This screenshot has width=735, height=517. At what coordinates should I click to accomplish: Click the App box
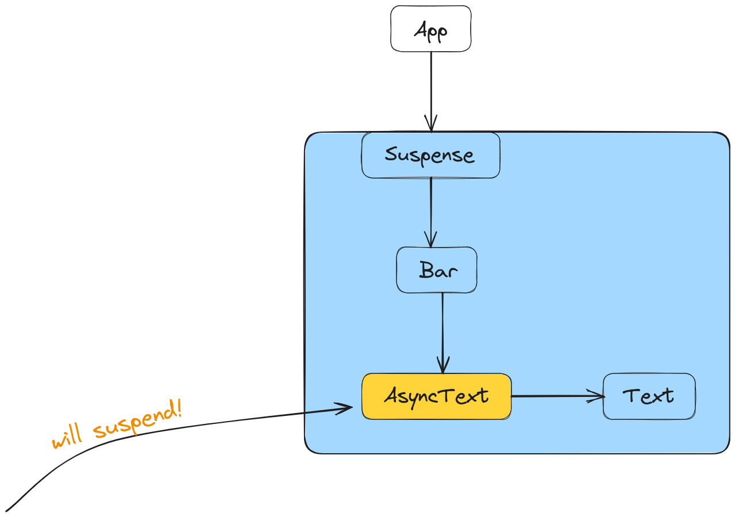point(431,29)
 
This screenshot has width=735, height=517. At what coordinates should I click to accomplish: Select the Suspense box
point(430,155)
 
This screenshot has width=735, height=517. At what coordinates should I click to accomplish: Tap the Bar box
point(437,270)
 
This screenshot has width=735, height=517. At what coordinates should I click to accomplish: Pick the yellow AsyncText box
point(436,396)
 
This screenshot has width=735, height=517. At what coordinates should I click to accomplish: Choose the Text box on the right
point(649,396)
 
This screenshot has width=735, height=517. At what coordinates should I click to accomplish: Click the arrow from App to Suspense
point(431,86)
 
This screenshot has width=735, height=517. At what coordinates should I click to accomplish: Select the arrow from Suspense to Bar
point(431,207)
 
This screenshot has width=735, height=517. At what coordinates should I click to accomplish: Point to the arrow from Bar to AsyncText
point(442,327)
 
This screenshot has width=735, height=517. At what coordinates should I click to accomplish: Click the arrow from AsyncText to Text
point(552,396)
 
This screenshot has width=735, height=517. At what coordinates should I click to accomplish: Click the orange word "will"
point(66,438)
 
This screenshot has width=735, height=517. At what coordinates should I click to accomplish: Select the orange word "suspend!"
point(138,422)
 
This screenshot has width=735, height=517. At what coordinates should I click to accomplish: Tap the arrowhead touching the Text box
point(598,396)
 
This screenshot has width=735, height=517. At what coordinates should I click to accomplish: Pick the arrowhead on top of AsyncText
point(442,366)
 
